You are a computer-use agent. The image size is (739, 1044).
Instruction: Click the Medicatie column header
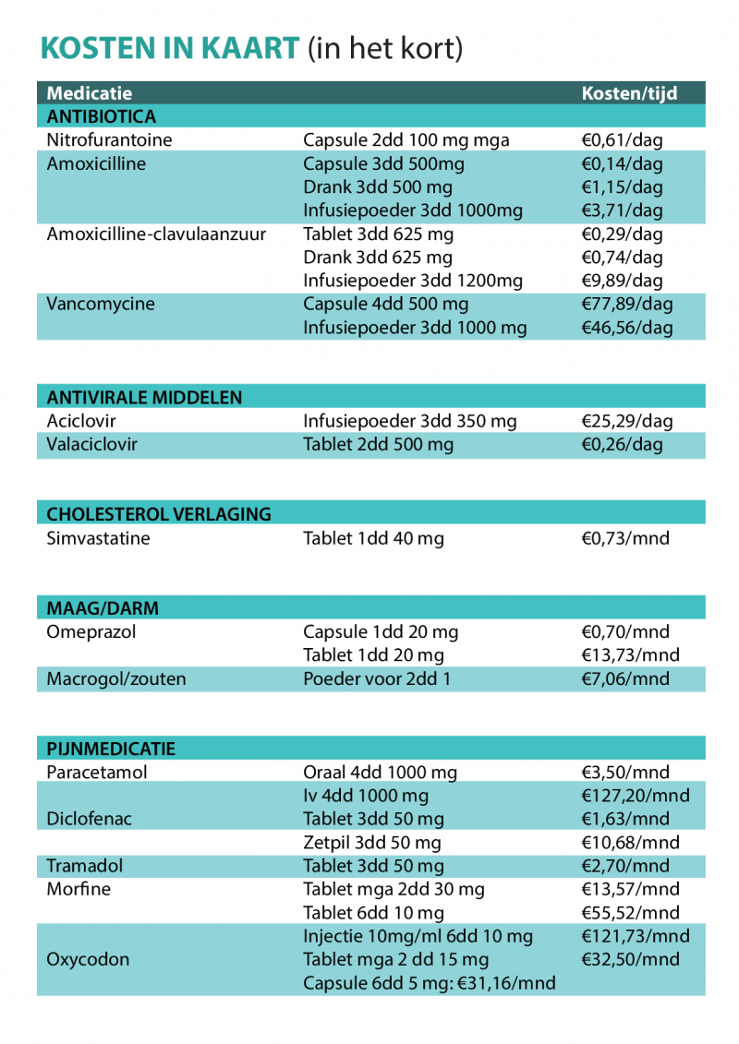(90, 93)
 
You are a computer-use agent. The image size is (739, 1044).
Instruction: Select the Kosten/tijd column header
(629, 93)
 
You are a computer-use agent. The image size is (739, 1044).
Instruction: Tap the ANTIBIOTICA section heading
(102, 117)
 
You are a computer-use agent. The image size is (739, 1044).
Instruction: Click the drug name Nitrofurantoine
(109, 140)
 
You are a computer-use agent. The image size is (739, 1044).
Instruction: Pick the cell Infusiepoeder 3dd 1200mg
(413, 281)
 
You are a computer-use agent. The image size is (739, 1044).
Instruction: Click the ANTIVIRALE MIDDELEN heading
(145, 398)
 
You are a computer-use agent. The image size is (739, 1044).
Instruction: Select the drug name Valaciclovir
(91, 444)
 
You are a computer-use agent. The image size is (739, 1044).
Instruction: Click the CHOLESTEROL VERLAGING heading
(159, 514)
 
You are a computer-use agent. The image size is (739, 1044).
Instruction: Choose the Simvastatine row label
(98, 538)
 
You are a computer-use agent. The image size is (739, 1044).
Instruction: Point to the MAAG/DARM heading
(103, 608)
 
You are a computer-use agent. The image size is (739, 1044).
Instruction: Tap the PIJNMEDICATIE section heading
(111, 749)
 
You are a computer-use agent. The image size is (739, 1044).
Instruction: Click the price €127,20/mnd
(636, 796)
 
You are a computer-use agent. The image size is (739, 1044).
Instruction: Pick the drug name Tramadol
(84, 866)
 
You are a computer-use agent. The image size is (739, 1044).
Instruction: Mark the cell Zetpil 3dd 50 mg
(372, 843)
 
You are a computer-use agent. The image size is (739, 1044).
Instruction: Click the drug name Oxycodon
(88, 959)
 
